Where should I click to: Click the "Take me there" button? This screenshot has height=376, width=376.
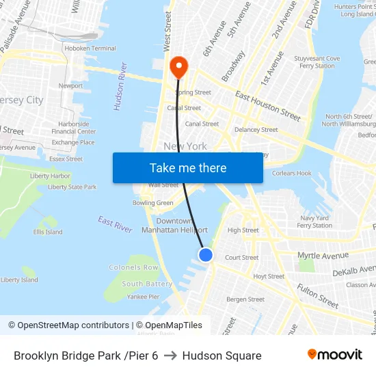(x=188, y=168)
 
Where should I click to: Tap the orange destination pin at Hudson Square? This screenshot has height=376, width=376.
(x=179, y=67)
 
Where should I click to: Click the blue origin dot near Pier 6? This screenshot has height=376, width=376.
(x=206, y=255)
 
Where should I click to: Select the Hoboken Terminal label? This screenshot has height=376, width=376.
(x=90, y=49)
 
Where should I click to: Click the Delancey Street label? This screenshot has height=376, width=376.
(x=256, y=129)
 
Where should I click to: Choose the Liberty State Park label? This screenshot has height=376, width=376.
(x=72, y=187)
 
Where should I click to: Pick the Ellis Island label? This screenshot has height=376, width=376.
(x=48, y=232)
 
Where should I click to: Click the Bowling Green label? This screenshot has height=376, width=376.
(x=152, y=203)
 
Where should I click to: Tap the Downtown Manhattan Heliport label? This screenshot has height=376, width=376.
(x=174, y=226)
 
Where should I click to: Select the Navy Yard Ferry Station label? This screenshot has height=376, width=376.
(x=315, y=221)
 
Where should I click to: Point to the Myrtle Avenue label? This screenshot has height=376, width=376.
(x=323, y=256)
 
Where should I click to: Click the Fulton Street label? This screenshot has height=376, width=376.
(x=318, y=296)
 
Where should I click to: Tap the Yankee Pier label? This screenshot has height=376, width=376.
(x=143, y=297)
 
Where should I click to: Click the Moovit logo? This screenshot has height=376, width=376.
(x=335, y=355)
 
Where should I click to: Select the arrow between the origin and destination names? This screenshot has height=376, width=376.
(x=170, y=355)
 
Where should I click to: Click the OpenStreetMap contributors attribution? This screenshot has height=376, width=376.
(x=69, y=325)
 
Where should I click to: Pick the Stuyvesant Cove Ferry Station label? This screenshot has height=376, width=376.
(x=317, y=62)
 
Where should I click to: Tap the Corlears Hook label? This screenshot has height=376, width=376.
(x=292, y=174)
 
